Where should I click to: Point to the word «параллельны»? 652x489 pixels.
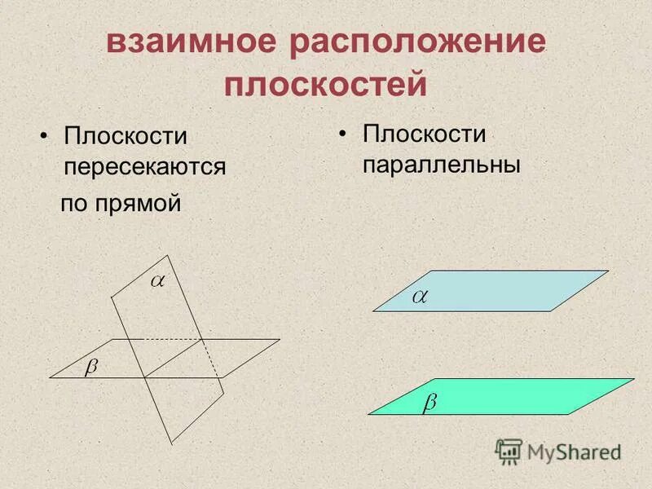(441, 163)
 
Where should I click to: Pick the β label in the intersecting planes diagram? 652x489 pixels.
(91, 368)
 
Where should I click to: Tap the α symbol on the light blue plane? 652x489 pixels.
(420, 297)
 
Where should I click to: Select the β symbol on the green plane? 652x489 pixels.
(430, 403)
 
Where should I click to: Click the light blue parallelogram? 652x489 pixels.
(505, 291)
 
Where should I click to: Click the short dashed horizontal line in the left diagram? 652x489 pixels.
(172, 338)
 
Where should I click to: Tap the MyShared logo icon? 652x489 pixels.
(509, 451)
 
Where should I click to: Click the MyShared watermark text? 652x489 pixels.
(574, 451)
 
